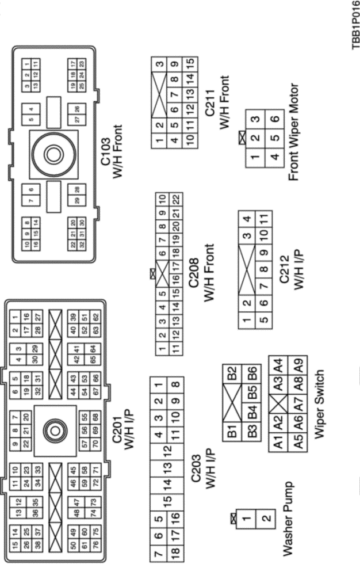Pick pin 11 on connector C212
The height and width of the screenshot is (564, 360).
[x=263, y=218]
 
